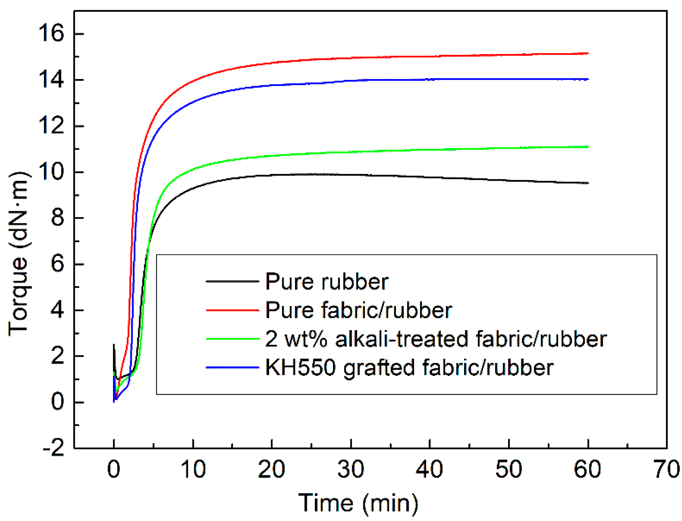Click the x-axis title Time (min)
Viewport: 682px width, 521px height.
pyautogui.click(x=358, y=503)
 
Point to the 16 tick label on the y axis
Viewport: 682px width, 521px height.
pyautogui.click(x=51, y=34)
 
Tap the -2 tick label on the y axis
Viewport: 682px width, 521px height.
pyautogui.click(x=54, y=448)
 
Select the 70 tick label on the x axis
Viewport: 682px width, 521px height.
pyautogui.click(x=667, y=469)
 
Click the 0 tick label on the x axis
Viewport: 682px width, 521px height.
pyautogui.click(x=114, y=469)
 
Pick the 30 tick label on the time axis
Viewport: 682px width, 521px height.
pyautogui.click(x=351, y=469)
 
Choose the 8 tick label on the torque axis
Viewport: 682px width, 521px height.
pyautogui.click(x=57, y=218)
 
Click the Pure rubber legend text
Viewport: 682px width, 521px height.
pyautogui.click(x=327, y=282)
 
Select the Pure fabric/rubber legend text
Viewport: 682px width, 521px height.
pyautogui.click(x=358, y=310)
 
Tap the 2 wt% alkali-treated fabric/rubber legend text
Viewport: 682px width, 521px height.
pyautogui.click(x=436, y=339)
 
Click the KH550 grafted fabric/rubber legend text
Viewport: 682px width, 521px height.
pyautogui.click(x=409, y=368)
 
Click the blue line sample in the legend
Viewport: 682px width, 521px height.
pyautogui.click(x=232, y=368)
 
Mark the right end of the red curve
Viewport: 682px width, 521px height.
pyautogui.click(x=588, y=53)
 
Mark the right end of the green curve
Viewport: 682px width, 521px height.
pyautogui.click(x=588, y=147)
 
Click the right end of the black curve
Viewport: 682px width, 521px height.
pyautogui.click(x=588, y=183)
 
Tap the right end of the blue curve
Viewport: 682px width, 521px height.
pyautogui.click(x=588, y=79)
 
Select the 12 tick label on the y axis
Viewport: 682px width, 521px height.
pyautogui.click(x=51, y=126)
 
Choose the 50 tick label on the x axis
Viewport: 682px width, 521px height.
pyautogui.click(x=509, y=469)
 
